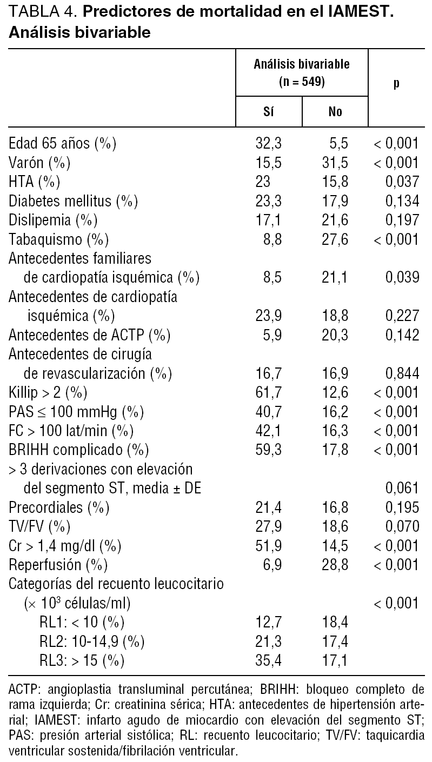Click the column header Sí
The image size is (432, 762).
click(x=268, y=112)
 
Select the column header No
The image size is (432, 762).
click(x=335, y=112)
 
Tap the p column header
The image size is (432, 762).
click(x=396, y=84)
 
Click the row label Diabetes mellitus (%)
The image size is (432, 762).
click(x=74, y=201)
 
